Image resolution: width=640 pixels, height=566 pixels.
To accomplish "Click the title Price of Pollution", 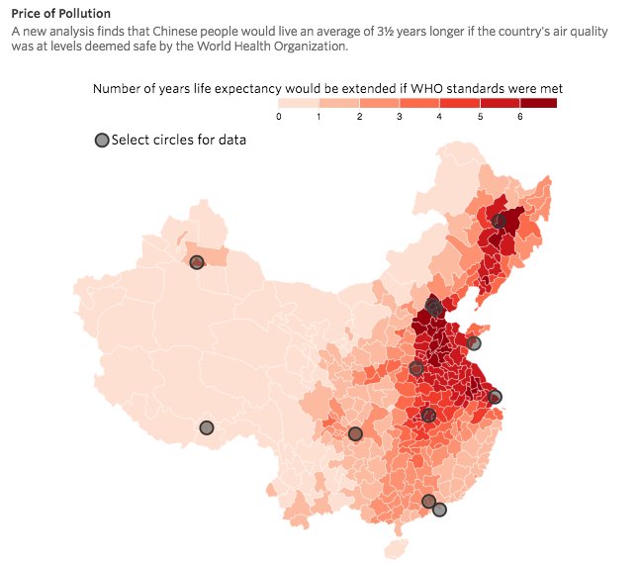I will point(60,14).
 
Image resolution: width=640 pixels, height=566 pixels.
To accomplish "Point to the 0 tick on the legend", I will point(279,117).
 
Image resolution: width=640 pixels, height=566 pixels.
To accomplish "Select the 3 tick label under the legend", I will point(399,117).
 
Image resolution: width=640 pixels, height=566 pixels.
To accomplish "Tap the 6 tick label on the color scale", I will point(518,117).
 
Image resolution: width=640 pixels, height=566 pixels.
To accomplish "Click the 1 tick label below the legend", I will point(320,117).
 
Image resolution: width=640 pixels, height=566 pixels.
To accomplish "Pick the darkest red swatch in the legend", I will point(537,103).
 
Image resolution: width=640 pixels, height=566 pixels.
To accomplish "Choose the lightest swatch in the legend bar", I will point(299,103).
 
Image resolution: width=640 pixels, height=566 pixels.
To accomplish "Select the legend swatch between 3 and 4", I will point(418,103).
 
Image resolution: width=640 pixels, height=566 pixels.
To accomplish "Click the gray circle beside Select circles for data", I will point(101,141).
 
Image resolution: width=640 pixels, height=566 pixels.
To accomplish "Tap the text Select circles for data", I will point(179,140).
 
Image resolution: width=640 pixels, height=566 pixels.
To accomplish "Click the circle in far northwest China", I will point(197,262).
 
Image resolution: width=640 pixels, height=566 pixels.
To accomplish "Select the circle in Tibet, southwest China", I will point(206,427).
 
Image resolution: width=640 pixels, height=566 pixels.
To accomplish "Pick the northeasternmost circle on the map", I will point(500,222).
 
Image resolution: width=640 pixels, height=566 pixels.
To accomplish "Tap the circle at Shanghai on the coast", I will point(496,397).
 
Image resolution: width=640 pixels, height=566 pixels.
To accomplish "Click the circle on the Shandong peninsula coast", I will point(474,343).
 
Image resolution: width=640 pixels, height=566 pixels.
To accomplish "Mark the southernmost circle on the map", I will point(439,510).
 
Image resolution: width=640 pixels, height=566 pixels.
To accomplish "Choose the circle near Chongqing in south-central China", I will point(355,433).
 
